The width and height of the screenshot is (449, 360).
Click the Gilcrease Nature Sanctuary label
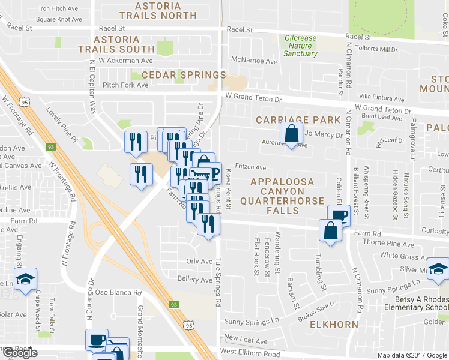(x=301, y=46)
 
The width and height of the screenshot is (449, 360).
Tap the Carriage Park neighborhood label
(x=298, y=120)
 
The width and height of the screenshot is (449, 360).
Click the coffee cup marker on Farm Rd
(x=338, y=215)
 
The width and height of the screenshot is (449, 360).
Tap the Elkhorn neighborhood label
(x=334, y=325)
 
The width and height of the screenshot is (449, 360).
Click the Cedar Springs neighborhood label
(x=184, y=75)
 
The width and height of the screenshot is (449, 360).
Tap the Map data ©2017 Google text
(x=412, y=355)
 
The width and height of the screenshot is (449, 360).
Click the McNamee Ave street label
(x=255, y=61)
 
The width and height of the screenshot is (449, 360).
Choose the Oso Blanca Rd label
(x=121, y=293)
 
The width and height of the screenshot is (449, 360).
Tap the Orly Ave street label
(x=199, y=262)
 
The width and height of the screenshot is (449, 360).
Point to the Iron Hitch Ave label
(x=60, y=8)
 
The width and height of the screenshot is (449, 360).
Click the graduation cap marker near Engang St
(x=26, y=279)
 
